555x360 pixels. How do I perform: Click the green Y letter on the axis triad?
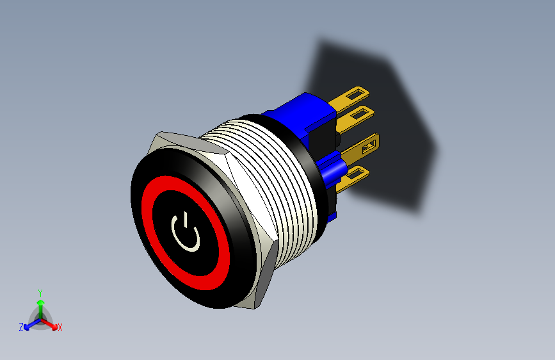pos(40,291)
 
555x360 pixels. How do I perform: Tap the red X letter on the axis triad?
pos(60,328)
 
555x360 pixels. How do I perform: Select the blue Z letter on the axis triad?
pos(21,327)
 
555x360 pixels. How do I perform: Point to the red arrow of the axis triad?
pos(51,323)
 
